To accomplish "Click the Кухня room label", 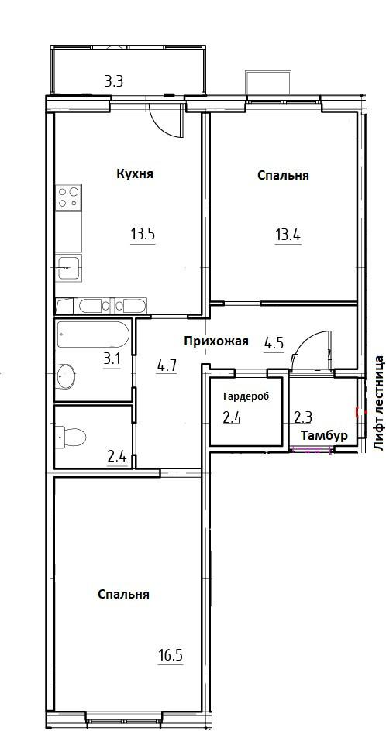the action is (135, 174).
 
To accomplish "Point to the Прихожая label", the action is (216, 341).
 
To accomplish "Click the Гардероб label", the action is (246, 396).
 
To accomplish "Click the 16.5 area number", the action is (171, 655).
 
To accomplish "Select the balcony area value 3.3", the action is (114, 82).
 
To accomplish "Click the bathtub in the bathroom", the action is (93, 335).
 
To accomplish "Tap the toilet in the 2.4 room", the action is (71, 438).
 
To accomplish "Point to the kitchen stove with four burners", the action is (68, 198).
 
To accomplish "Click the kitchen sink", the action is (69, 268).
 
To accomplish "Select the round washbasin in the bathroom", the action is (66, 376).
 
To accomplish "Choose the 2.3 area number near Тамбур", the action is (302, 417).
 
